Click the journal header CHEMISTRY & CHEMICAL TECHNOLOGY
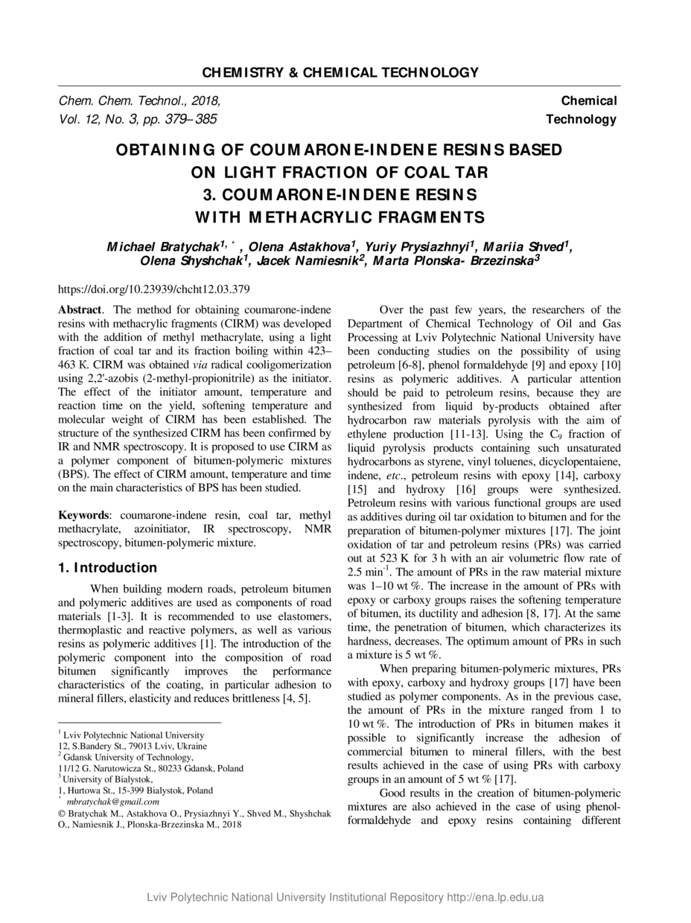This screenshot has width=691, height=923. point(340,72)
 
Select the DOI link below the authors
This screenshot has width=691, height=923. point(154,290)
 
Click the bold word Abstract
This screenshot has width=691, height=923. point(80,309)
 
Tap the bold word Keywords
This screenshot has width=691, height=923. point(84,515)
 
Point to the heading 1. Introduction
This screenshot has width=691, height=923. point(107,568)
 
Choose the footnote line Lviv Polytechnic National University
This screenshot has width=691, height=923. point(133,735)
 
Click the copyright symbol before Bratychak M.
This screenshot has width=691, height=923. point(63,814)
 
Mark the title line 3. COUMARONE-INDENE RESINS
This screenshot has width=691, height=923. point(340,195)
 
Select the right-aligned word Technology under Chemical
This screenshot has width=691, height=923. point(581,119)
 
